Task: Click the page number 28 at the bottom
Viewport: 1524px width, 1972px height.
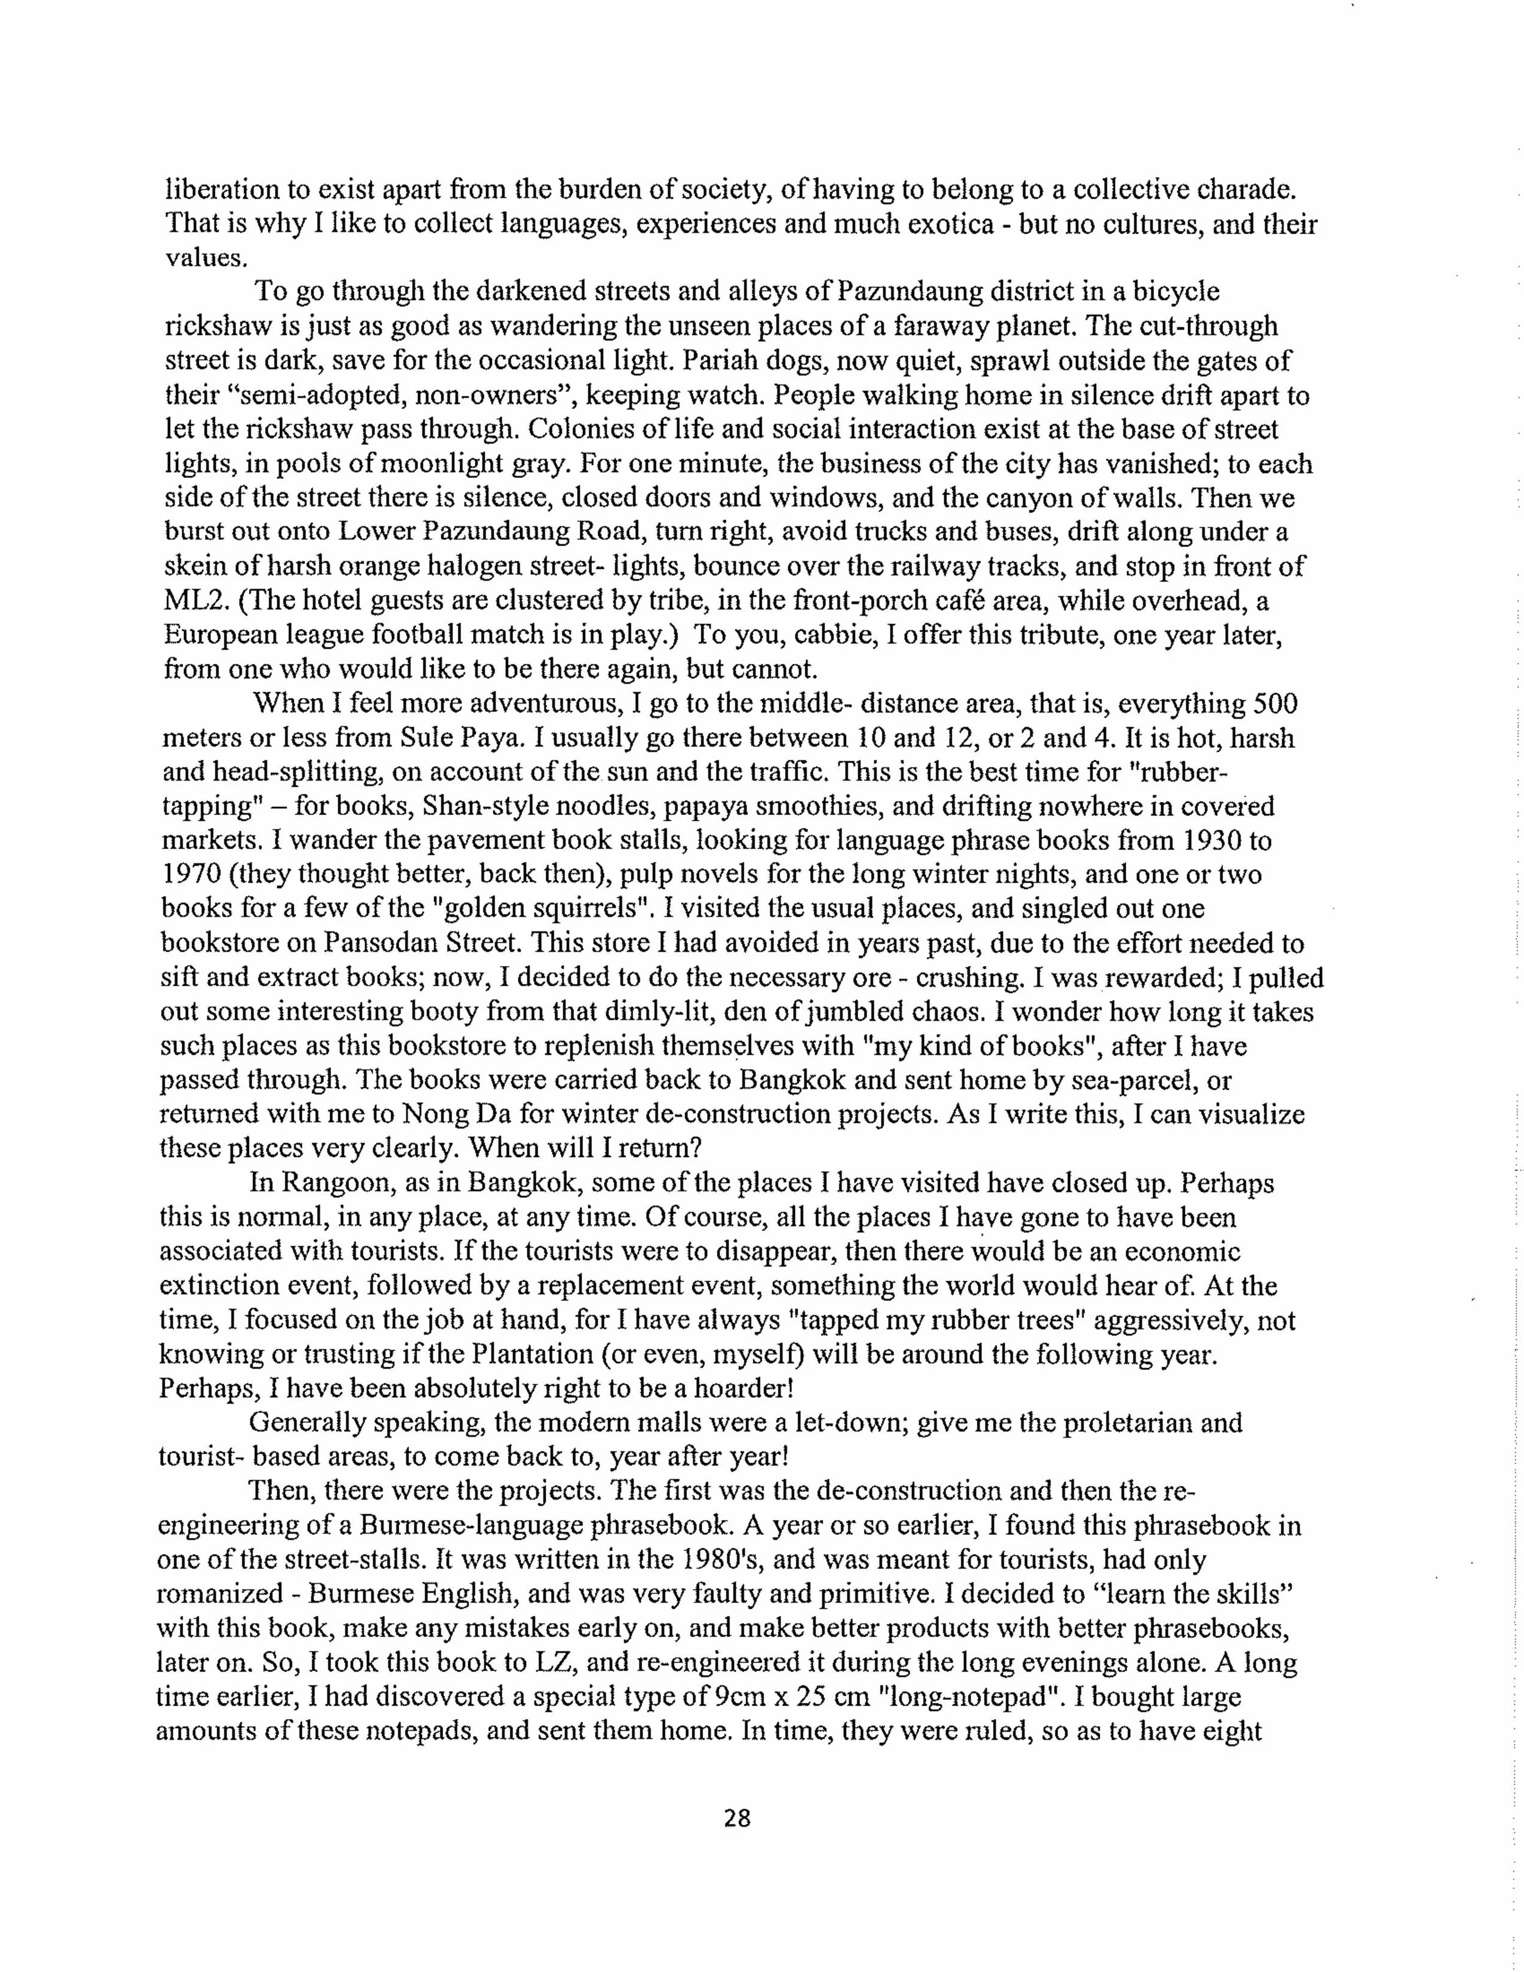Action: (737, 1818)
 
